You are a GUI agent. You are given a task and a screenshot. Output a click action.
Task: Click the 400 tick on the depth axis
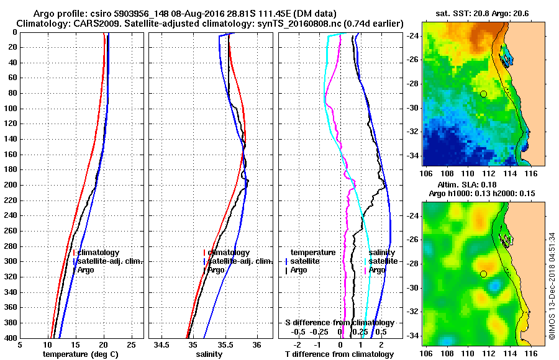(x=12, y=338)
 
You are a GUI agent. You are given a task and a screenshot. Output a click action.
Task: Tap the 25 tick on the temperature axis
(x=131, y=344)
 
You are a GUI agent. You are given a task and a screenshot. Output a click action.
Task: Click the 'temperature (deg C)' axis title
(x=80, y=354)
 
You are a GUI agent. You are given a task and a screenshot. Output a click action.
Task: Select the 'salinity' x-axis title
(x=209, y=354)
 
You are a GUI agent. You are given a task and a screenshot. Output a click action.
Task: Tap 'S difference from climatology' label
(x=339, y=323)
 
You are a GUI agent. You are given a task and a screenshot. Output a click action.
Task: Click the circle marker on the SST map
(x=483, y=94)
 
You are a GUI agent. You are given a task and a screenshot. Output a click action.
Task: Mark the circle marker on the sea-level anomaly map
(x=483, y=274)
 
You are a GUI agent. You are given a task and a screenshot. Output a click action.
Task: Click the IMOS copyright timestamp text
(x=553, y=286)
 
